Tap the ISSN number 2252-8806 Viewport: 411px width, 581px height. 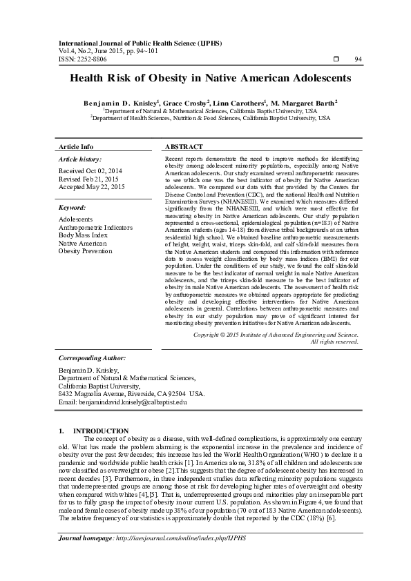coord(92,59)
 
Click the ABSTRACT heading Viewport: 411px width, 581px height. coord(184,147)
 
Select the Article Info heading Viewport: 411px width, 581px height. coord(76,147)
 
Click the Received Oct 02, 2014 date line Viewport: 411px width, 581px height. coord(90,170)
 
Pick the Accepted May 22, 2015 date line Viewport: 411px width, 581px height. coord(92,186)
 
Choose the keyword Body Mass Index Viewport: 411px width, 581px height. coord(83,235)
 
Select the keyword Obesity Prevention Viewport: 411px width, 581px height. coord(85,251)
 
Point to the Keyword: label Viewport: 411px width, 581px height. coord(73,207)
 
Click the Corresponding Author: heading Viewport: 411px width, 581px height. coord(92,358)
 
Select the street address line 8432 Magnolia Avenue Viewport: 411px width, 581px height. coord(131,393)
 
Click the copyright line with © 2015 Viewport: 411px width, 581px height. coord(276,334)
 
